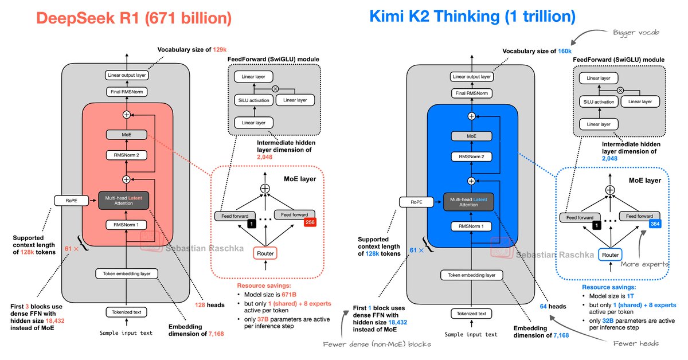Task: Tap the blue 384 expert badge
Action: point(655,224)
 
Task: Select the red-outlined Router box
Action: point(265,253)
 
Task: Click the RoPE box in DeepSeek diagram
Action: point(68,201)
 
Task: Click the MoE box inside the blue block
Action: point(471,136)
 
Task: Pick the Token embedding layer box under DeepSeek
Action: point(127,274)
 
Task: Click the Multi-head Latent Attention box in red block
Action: point(127,201)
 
